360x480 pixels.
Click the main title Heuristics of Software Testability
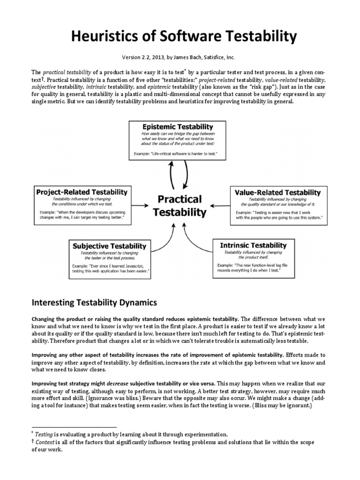[x=180, y=36]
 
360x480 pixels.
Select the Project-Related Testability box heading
[x=81, y=192]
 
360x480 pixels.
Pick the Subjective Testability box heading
[x=108, y=246]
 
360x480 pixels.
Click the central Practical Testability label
[x=180, y=205]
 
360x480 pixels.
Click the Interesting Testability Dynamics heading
[x=94, y=303]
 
